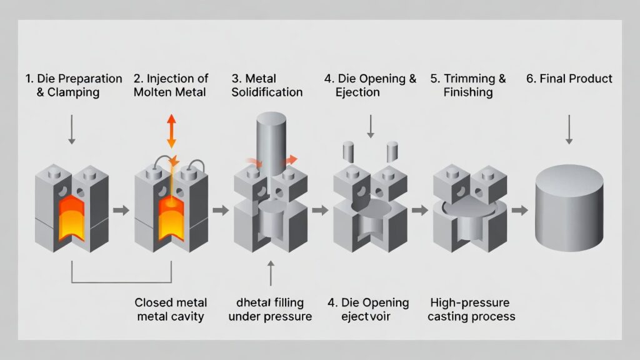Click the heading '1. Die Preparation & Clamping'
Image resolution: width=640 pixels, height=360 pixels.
(74, 86)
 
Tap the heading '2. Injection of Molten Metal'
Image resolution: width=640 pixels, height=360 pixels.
(171, 86)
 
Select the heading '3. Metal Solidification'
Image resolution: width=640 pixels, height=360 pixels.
(267, 86)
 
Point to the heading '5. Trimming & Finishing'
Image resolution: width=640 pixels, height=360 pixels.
(468, 86)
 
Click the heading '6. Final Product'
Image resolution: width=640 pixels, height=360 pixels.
(569, 79)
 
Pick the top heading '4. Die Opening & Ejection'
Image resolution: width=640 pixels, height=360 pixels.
(370, 86)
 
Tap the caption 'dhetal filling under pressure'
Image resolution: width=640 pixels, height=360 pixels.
(270, 309)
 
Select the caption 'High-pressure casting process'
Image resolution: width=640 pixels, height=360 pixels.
(472, 309)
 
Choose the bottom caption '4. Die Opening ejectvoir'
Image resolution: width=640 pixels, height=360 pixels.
(368, 309)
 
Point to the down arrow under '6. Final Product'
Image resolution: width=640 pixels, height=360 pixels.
(569, 130)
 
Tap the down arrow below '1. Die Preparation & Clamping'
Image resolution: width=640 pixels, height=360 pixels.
(73, 130)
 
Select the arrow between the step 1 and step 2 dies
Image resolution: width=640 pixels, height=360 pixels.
(122, 210)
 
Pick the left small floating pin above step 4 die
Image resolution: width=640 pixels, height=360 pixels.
(348, 152)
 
